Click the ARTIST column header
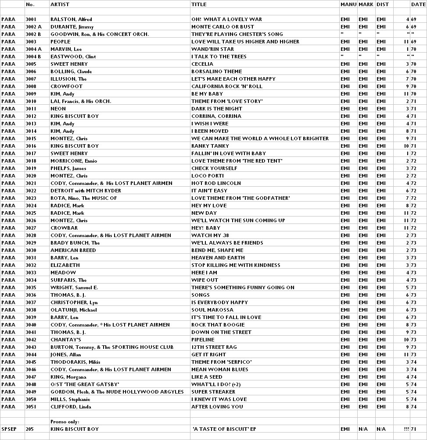pos(60,4)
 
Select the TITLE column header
pos(199,4)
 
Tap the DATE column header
pos(418,4)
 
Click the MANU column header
pos(348,4)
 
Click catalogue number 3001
pos(31,19)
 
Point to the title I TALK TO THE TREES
pos(219,57)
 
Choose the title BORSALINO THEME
pos(216,71)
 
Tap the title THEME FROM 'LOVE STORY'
pos(227,101)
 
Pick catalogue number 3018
pos(31,161)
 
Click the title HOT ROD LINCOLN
pos(216,183)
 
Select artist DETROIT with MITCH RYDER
pos(86,191)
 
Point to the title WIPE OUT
pos(205,280)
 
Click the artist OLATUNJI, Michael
pos(76,310)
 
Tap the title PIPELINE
pos(203,340)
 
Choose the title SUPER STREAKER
pos(213,392)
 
